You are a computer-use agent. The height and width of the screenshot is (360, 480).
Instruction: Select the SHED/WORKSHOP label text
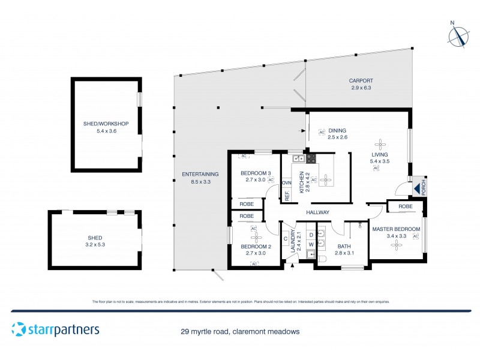coord(106,124)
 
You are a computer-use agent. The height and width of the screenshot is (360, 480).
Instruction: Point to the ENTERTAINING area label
coord(200,174)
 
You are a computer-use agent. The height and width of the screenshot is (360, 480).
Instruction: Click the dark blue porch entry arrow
coord(415,188)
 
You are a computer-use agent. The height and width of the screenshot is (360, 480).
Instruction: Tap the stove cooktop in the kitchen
coord(311,159)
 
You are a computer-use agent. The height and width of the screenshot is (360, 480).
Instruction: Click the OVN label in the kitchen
coord(287,182)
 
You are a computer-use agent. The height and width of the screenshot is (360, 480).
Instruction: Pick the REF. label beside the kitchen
coord(287,195)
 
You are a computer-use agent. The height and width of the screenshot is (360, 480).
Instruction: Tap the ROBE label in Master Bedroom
coord(405,206)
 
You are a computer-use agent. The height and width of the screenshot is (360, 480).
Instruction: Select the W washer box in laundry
coord(311,244)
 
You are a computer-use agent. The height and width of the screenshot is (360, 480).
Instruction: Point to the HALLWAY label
coord(317,212)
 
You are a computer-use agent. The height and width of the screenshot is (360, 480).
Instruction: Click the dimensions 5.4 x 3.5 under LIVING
coord(379,161)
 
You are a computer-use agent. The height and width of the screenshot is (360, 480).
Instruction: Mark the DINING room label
coord(337,130)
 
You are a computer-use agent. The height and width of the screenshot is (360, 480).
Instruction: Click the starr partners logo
coord(55,329)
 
